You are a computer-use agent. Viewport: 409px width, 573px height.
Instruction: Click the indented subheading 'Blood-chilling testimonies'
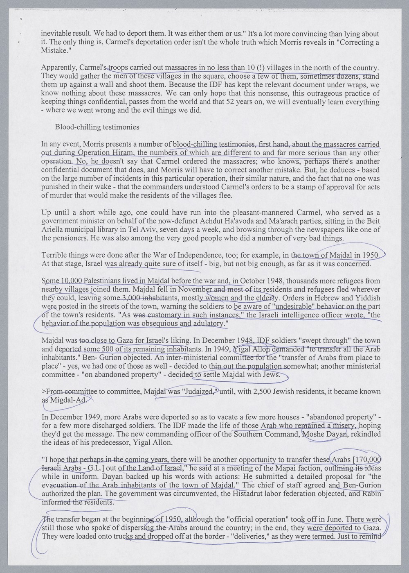tap(97, 127)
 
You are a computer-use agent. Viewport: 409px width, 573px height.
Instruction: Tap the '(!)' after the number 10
tap(259, 68)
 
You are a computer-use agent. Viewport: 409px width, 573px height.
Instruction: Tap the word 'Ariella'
tap(52, 230)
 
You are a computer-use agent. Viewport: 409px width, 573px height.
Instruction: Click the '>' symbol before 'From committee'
tap(44, 392)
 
